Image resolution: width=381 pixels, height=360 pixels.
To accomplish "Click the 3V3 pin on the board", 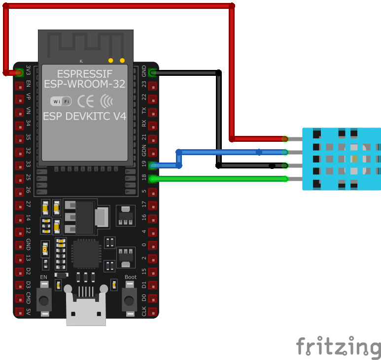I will pos(19,73).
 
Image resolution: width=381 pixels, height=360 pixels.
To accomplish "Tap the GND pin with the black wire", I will pos(153,73).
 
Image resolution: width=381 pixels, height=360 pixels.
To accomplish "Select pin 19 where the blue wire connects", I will pos(153,166).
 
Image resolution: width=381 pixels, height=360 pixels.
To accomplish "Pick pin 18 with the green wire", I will pos(153,179).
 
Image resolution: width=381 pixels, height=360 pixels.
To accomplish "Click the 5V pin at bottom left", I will pos(19,312).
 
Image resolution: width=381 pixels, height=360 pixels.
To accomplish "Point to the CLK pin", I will pos(153,312).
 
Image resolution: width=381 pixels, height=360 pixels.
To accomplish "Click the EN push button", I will pos(44,298).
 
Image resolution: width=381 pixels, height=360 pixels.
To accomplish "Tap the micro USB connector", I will pos(86,310).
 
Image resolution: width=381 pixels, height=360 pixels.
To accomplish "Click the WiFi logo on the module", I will pos(61,101).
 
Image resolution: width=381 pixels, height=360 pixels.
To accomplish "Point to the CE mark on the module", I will pos(86,101).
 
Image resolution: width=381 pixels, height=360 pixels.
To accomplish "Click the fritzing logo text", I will pos(338,347).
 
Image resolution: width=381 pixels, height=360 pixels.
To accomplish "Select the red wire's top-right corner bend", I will pos(232,6).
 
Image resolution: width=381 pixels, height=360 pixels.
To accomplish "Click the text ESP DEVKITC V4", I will pos(84,117).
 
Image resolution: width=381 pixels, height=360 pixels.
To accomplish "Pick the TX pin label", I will pos(144,112).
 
